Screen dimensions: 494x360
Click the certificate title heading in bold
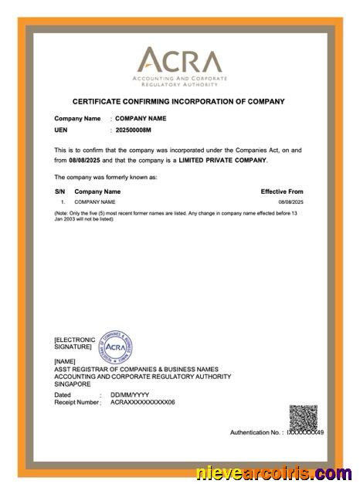pyautogui.click(x=178, y=101)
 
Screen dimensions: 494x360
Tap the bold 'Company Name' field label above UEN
pyautogui.click(x=77, y=118)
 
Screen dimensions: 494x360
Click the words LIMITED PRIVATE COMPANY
pyautogui.click(x=222, y=160)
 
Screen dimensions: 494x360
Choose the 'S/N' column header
pyautogui.click(x=59, y=191)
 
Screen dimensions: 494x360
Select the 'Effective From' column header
pyautogui.click(x=281, y=191)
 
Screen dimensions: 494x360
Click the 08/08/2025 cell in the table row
pyautogui.click(x=290, y=201)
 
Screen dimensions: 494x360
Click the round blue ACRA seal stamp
pyautogui.click(x=117, y=347)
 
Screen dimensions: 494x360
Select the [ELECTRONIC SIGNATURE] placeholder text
pyautogui.click(x=74, y=343)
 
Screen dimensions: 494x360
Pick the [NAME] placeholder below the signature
pyautogui.click(x=66, y=361)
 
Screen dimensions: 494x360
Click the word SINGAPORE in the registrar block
pyautogui.click(x=73, y=384)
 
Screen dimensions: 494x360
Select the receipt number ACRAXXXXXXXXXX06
pyautogui.click(x=143, y=402)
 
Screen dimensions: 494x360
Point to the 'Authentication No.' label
pyautogui.click(x=256, y=432)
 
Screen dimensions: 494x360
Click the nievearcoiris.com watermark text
pyautogui.click(x=274, y=472)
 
